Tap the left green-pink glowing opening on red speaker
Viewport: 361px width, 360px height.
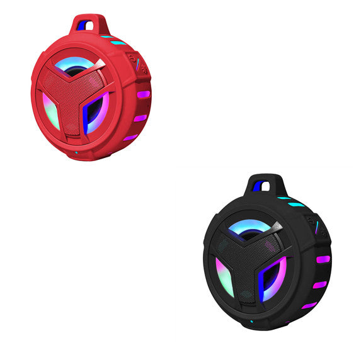pos(51,110)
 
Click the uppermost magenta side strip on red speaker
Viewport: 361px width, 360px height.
pos(144,94)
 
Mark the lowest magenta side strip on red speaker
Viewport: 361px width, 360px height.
pos(131,137)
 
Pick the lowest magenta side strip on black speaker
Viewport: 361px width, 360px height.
pos(309,305)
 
